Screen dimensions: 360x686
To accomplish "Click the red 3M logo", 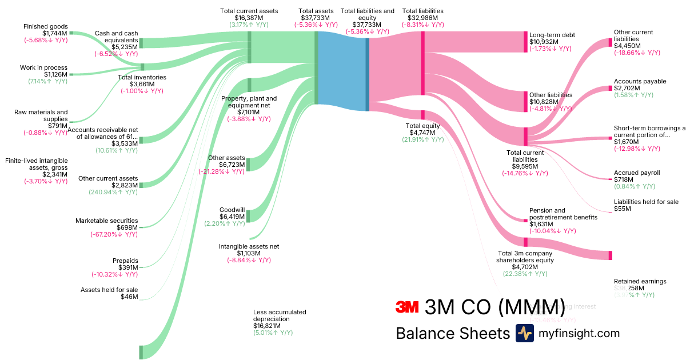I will (408, 307).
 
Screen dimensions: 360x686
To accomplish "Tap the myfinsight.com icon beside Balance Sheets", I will (524, 333).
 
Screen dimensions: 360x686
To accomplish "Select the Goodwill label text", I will (232, 210).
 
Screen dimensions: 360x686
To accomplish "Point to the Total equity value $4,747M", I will (422, 133).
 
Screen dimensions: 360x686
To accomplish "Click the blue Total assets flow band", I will (341, 71).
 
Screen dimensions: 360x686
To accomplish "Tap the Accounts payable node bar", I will (610, 89).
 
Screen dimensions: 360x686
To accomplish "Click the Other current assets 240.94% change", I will (113, 192).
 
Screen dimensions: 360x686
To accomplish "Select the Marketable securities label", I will (107, 221).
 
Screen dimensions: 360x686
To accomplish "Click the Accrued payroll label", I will (637, 173).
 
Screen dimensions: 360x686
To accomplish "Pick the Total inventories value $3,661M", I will (142, 84).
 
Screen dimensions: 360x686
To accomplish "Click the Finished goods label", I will (45, 26).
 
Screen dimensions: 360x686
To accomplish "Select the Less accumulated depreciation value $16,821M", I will (267, 326).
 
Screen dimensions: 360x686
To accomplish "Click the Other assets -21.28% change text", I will (222, 171).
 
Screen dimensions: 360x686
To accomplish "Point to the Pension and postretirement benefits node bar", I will (525, 221).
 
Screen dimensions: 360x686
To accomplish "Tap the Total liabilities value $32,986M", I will (422, 18).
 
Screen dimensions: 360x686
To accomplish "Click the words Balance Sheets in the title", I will (452, 333).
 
